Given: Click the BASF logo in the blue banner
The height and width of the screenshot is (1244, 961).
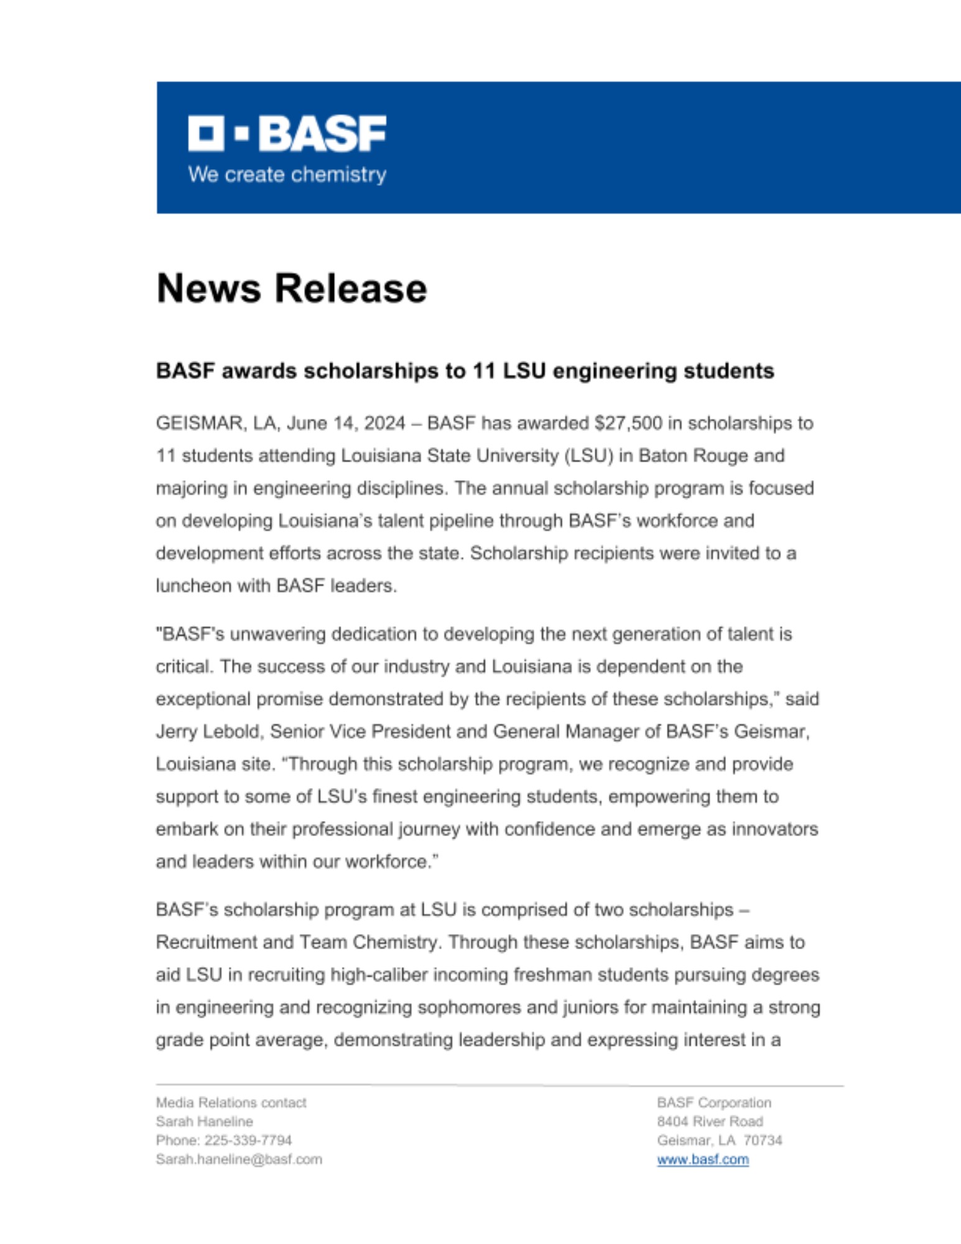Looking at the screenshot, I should coord(287,133).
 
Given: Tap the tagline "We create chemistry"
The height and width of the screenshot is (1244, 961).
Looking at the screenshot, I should coord(287,175).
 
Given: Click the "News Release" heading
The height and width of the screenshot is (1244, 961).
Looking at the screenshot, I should coord(292,289).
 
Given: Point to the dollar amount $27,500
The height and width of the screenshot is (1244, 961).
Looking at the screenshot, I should coord(628,424).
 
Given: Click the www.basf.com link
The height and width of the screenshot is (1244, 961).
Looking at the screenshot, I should coord(702,1159).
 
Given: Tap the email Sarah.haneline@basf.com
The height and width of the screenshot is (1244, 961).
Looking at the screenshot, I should coord(239,1159).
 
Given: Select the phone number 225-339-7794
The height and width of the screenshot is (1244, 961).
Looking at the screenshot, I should coord(248,1140).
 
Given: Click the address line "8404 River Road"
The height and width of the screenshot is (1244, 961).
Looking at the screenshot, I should coord(710,1121).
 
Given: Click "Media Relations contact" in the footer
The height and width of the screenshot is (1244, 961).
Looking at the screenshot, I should coord(231,1103).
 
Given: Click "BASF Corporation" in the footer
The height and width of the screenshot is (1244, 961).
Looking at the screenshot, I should coord(713,1103).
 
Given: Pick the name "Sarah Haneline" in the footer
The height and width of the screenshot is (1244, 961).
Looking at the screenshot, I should coord(204,1121).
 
